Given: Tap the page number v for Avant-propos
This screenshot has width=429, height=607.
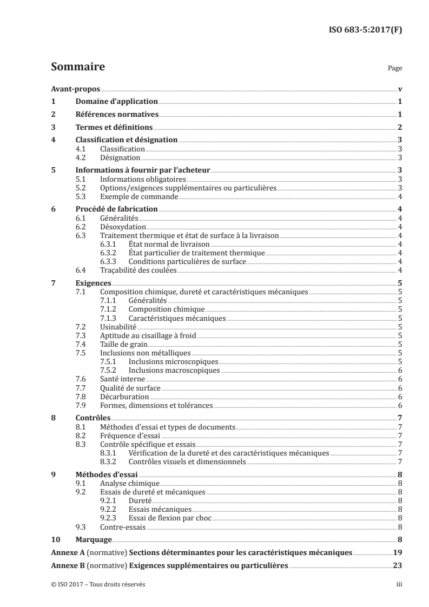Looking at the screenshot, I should pyautogui.click(x=399, y=89).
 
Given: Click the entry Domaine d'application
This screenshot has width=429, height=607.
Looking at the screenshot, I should pyautogui.click(x=116, y=102).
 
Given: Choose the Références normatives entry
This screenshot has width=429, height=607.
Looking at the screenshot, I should pyautogui.click(x=116, y=115).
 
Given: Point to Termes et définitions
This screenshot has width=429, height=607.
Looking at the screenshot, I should pyautogui.click(x=113, y=128).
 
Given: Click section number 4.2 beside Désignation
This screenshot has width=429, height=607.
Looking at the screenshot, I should pyautogui.click(x=82, y=158).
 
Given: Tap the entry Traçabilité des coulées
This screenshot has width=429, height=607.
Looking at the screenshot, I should pyautogui.click(x=138, y=270).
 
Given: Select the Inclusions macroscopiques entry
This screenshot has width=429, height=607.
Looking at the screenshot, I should pyautogui.click(x=174, y=370).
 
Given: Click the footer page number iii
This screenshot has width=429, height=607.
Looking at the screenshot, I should pyautogui.click(x=399, y=585).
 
